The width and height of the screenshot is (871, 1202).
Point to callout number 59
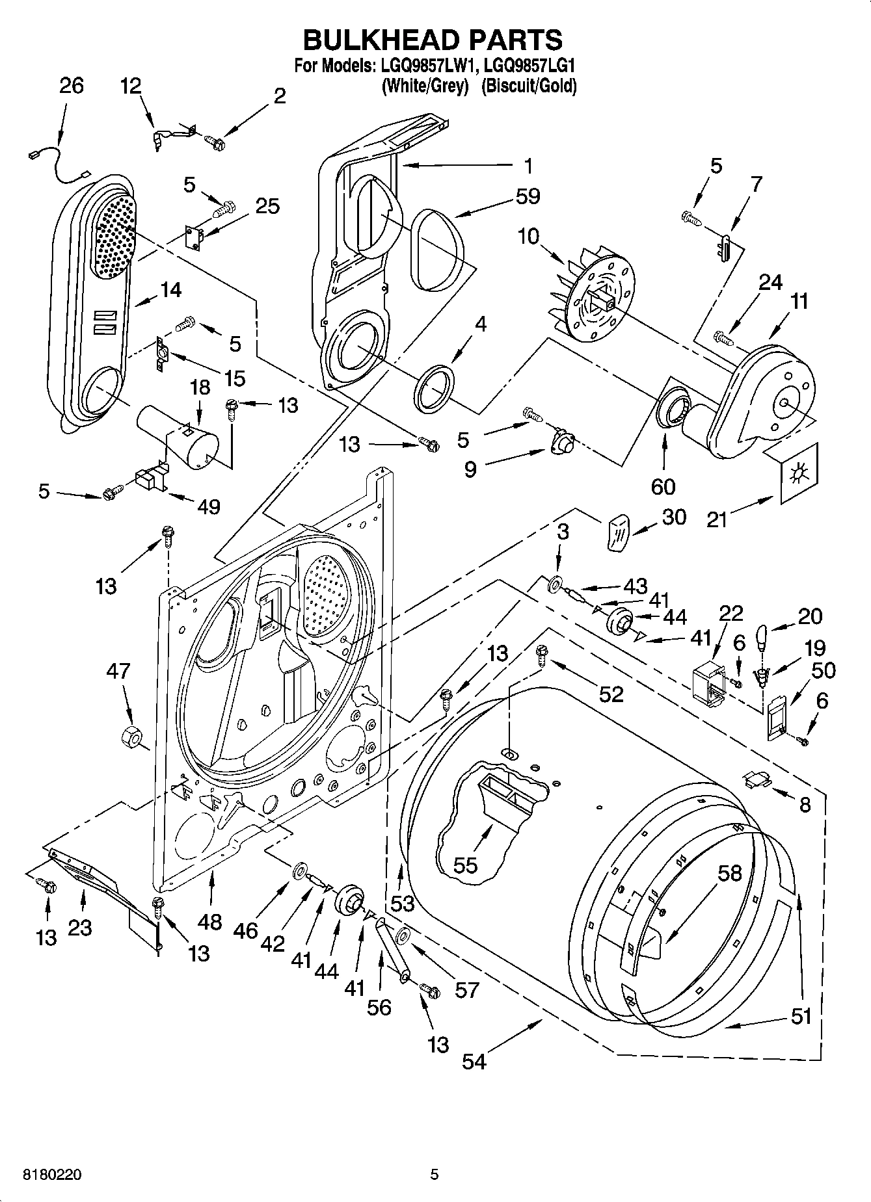(x=527, y=196)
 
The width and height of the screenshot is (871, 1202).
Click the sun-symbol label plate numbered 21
(x=796, y=473)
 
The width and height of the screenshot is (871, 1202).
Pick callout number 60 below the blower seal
(x=663, y=486)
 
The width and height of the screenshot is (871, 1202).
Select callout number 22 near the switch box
(x=731, y=613)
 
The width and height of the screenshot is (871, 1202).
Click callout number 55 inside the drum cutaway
(x=465, y=865)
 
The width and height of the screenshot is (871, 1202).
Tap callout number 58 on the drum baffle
(x=729, y=872)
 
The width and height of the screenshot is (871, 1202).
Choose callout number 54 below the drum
(x=474, y=1061)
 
